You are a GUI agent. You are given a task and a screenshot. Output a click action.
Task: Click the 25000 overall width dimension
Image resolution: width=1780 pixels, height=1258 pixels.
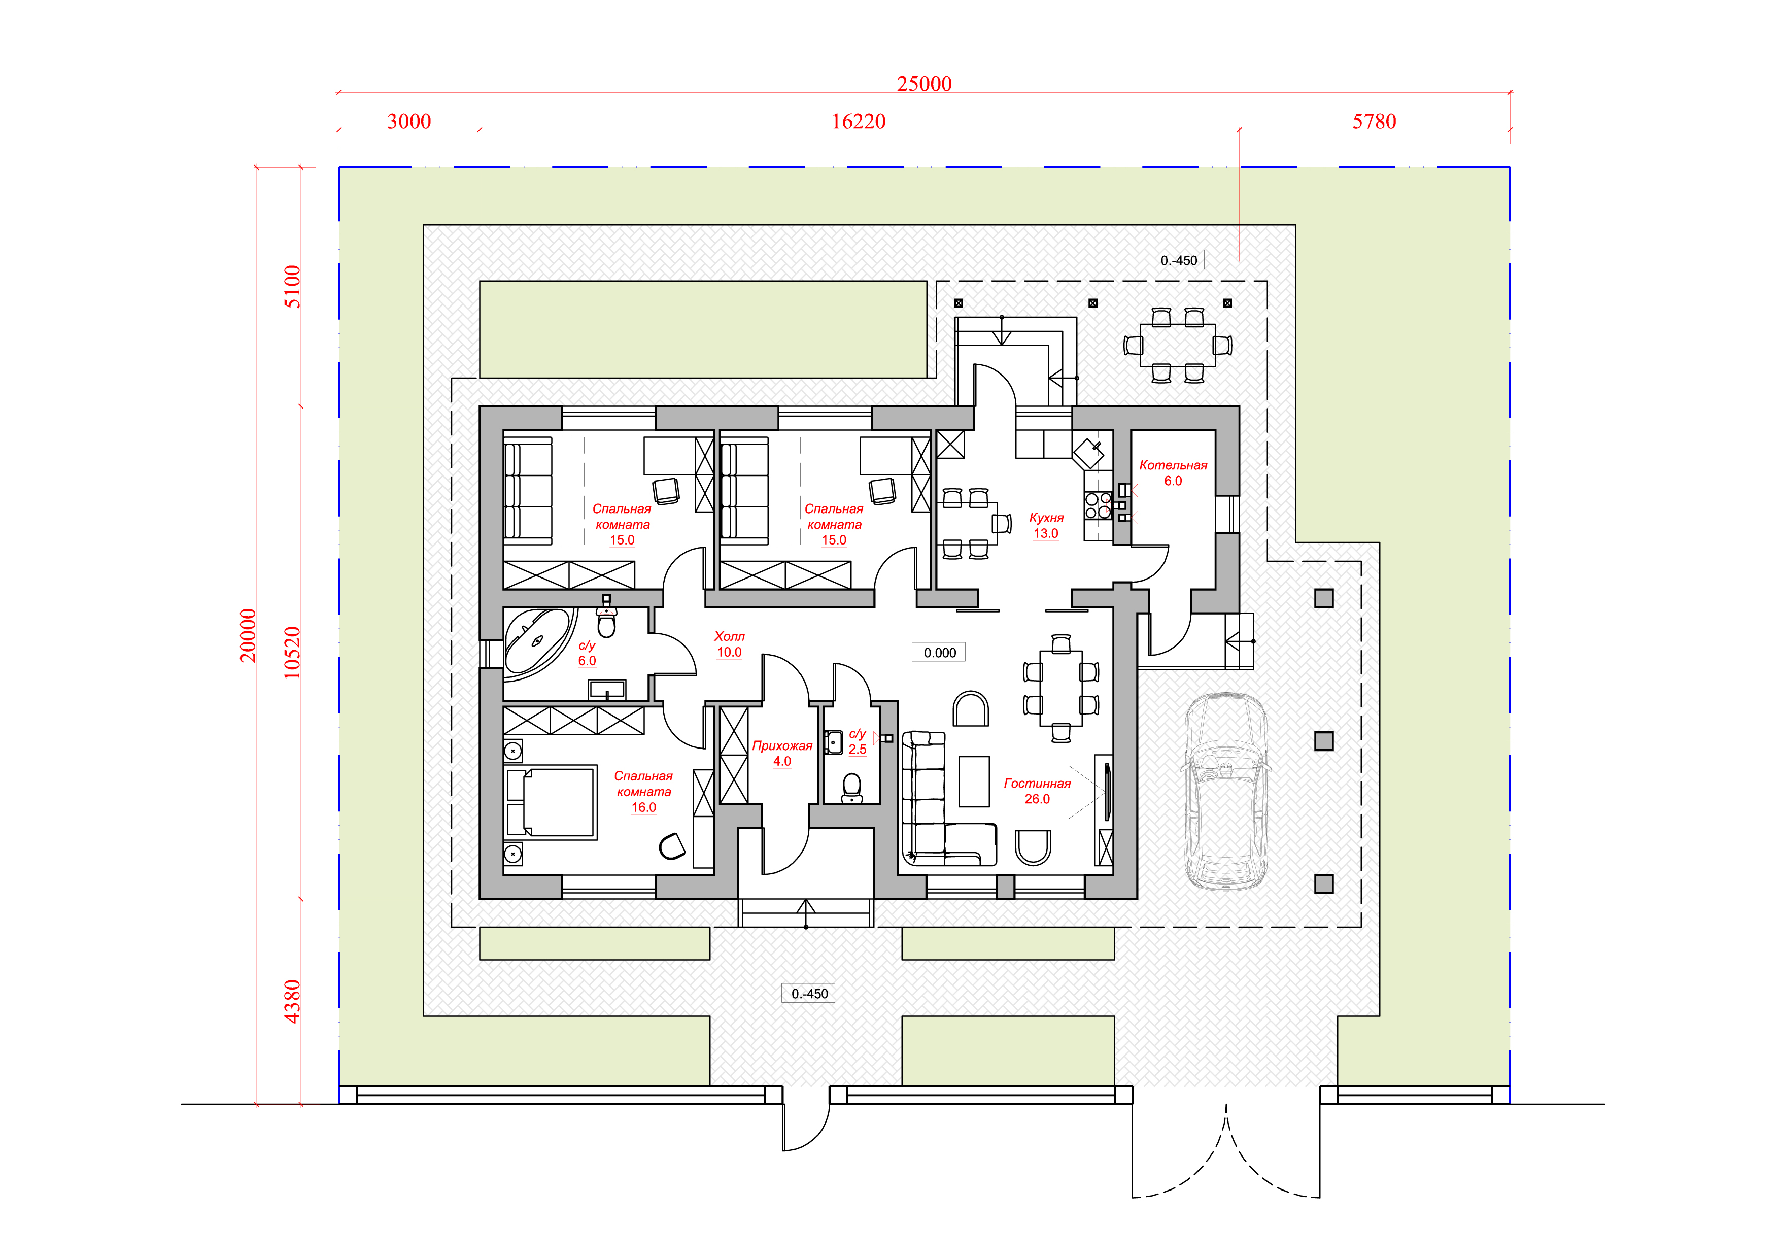(x=923, y=84)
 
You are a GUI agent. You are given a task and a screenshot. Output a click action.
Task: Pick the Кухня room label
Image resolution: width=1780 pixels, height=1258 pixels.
(x=1046, y=518)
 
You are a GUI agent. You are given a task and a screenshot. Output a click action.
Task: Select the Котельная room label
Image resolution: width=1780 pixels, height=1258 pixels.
(x=1173, y=465)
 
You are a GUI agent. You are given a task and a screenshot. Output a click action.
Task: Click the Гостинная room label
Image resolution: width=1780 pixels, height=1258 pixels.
(x=1037, y=783)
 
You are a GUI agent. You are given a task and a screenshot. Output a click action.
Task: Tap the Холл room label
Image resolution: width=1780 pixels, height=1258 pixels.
(x=729, y=636)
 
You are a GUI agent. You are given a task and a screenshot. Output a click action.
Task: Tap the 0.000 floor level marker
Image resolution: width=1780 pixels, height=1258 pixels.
(x=940, y=653)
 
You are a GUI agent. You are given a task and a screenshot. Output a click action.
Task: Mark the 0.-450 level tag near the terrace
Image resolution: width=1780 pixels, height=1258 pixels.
(x=1178, y=260)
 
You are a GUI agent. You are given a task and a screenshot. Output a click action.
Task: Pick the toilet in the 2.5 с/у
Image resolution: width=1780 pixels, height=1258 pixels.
(x=852, y=788)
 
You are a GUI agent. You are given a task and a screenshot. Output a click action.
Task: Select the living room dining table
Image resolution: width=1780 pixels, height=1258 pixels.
(x=1060, y=688)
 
